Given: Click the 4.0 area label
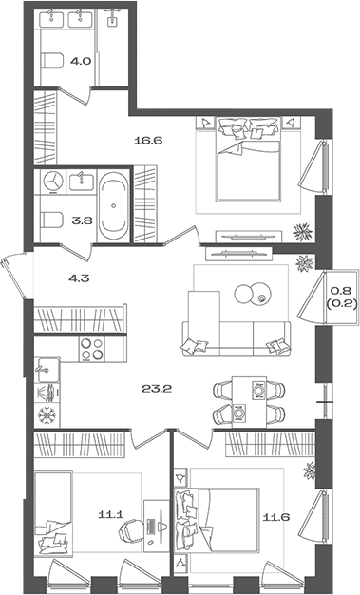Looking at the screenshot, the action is click(81, 61).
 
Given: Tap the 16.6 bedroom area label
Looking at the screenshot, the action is click(148, 141).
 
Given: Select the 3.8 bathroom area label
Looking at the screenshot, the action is click(83, 221).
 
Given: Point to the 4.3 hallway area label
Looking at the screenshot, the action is click(79, 278).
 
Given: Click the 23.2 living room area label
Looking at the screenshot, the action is click(157, 388).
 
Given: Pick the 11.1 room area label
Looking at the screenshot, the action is click(111, 514).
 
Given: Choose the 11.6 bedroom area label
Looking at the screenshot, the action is click(277, 516).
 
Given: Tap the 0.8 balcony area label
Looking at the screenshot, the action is click(341, 291).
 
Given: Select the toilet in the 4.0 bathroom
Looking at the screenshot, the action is click(52, 61).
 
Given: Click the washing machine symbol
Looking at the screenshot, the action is click(52, 181).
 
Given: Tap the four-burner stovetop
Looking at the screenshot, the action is click(92, 349).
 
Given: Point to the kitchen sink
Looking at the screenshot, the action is click(47, 370).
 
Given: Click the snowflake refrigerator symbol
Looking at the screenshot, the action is click(47, 415).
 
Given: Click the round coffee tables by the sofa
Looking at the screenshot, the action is click(252, 294).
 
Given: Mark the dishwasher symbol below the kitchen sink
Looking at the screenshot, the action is click(47, 393).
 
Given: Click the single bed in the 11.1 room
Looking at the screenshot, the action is click(53, 514).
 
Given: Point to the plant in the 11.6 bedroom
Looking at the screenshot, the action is click(310, 471).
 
